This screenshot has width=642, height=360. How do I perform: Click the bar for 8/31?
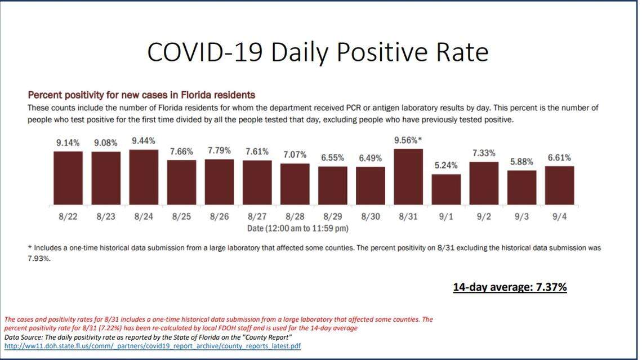tap(408, 176)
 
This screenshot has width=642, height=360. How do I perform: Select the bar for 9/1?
tap(446, 189)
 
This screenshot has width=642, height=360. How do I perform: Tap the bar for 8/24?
tap(144, 177)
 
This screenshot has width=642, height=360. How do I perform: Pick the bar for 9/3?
tap(521, 188)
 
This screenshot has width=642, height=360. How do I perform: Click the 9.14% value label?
tap(68, 143)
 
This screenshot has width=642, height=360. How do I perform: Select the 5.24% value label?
tap(446, 166)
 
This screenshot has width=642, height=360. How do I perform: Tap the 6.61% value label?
tap(559, 158)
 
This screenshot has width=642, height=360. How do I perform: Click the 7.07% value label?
tap(295, 154)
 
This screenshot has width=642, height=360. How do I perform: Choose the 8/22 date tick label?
tap(68, 217)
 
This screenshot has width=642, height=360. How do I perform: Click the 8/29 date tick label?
tap(332, 217)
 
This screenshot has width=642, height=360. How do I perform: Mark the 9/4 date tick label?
tap(559, 217)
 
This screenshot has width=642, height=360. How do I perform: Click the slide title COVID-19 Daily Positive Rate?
tap(317, 52)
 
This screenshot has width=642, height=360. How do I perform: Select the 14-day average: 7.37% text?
tap(510, 287)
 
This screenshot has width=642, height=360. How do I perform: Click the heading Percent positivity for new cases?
tap(141, 95)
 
